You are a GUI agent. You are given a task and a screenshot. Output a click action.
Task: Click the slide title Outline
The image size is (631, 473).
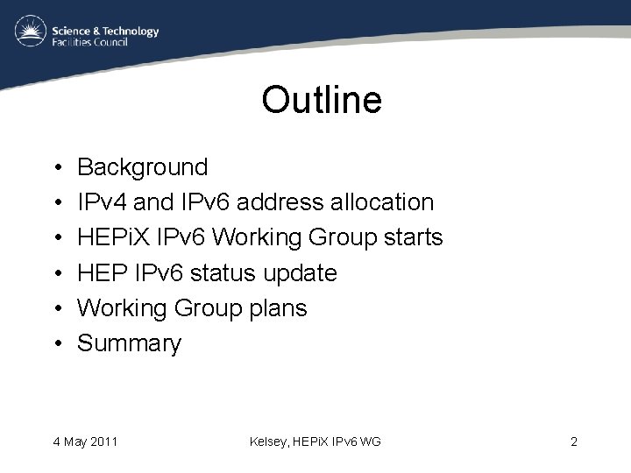coord(322,100)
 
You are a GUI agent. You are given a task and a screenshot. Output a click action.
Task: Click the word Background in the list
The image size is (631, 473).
coord(143,167)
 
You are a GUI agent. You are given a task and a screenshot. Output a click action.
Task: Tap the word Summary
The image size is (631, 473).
coord(130,344)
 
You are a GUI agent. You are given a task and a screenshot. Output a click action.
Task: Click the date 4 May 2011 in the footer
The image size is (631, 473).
coord(85,441)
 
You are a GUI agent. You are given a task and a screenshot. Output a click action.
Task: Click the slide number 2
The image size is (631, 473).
coord(573,441)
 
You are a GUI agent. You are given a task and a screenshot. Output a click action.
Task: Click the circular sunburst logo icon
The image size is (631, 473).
coord(31,32)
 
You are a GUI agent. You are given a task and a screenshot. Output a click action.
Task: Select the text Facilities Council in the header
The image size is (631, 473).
coord(90,42)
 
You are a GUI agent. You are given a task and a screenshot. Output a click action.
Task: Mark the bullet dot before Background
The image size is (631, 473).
coord(54,168)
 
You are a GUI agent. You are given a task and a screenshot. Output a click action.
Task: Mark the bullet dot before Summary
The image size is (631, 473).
coord(54,344)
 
